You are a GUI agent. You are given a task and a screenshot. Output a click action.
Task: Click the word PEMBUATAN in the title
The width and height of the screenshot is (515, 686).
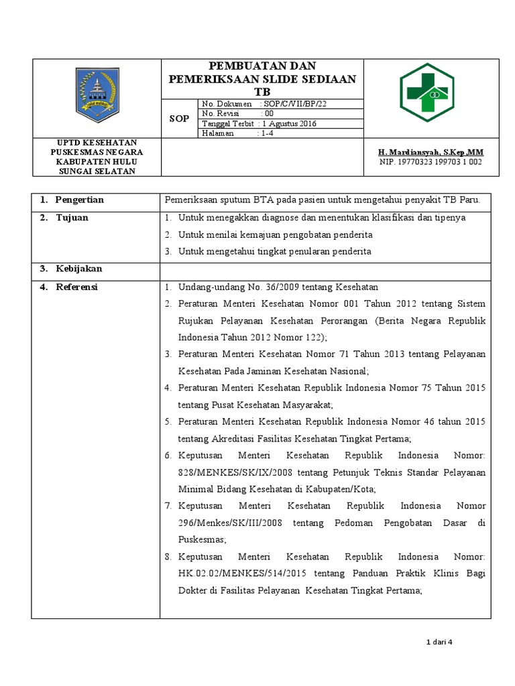[x=241, y=66]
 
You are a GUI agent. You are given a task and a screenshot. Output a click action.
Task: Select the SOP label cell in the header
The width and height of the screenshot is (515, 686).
[x=178, y=119]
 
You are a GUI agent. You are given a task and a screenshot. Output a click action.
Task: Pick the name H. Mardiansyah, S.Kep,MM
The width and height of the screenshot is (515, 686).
[x=431, y=153]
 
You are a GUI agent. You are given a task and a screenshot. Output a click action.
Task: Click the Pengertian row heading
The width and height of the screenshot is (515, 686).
[x=79, y=200]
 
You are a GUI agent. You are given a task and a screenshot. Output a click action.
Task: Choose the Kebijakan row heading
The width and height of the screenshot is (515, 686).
[x=78, y=269]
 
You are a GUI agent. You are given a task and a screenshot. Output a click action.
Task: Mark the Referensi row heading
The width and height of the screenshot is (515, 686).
[x=76, y=287]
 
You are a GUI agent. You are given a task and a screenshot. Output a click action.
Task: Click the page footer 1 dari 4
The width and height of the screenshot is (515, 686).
[x=441, y=642]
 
